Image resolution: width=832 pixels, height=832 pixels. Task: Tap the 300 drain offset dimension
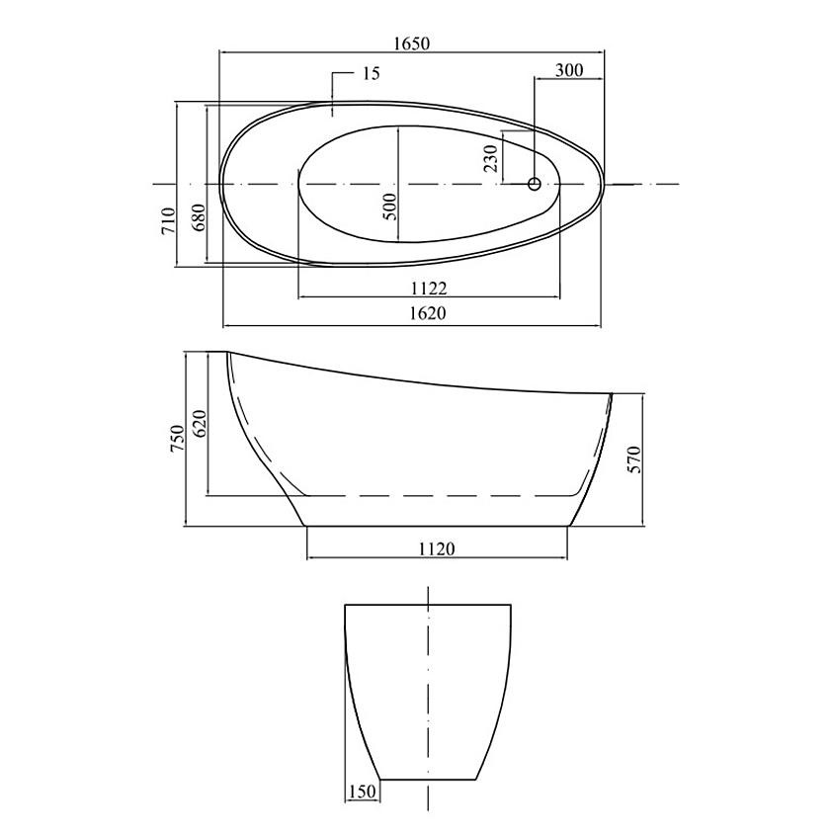click(569, 70)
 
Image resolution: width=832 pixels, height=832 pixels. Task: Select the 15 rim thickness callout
click(372, 73)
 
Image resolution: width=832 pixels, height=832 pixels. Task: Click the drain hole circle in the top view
click(535, 184)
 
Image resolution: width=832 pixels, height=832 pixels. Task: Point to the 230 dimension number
click(492, 159)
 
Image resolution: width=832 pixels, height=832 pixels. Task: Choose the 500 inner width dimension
click(390, 207)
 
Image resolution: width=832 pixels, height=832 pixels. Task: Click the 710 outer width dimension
click(169, 220)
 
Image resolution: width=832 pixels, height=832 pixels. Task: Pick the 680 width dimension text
click(199, 217)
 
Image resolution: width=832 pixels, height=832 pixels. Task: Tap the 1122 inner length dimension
click(429, 289)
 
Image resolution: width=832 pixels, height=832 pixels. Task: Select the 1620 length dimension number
click(428, 313)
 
